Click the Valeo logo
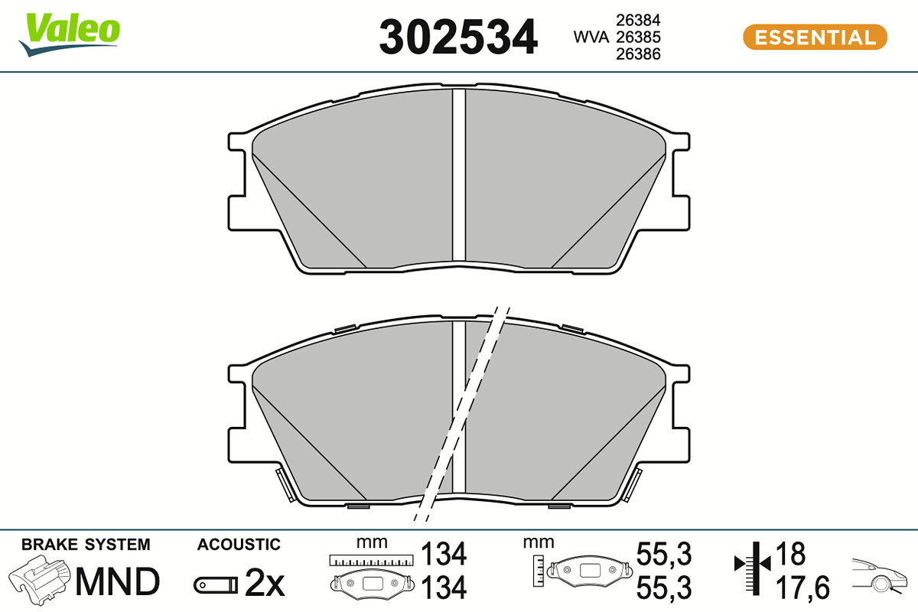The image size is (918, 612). tap(70, 34)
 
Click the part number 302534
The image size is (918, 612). tap(458, 37)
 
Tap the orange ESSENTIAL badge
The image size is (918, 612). tap(815, 37)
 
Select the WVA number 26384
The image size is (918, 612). tap(638, 20)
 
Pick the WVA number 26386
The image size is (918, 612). tap(638, 54)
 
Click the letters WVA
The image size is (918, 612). tap(591, 37)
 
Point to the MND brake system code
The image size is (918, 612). tap(117, 581)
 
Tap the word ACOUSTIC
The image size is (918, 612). tap(239, 545)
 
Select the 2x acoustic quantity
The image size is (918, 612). tap(265, 583)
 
